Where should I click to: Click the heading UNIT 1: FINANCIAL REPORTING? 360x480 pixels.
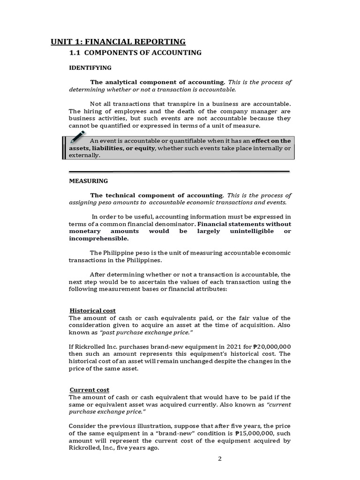[x=118, y=42]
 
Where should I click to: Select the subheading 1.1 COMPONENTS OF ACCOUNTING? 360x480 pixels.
[x=135, y=52]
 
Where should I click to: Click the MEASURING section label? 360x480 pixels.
[x=89, y=180]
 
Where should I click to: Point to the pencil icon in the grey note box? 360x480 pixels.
[x=77, y=138]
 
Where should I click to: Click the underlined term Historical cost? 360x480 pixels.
[x=93, y=311]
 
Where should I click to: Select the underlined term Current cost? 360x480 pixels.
[x=90, y=390]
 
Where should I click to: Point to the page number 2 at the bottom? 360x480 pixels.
[x=219, y=458]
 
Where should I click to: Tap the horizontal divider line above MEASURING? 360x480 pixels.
[x=179, y=171]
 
